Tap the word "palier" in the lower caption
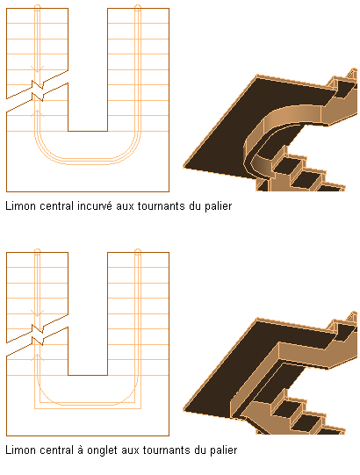tap(224, 450)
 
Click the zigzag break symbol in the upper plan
tap(38, 90)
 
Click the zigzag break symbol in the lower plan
tap(38, 335)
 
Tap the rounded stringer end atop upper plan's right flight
tap(138, 8)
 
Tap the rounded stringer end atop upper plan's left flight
tap(37, 8)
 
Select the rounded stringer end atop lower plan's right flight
tap(138, 252)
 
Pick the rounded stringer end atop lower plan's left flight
tap(37, 252)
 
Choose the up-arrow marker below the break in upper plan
tap(37, 113)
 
